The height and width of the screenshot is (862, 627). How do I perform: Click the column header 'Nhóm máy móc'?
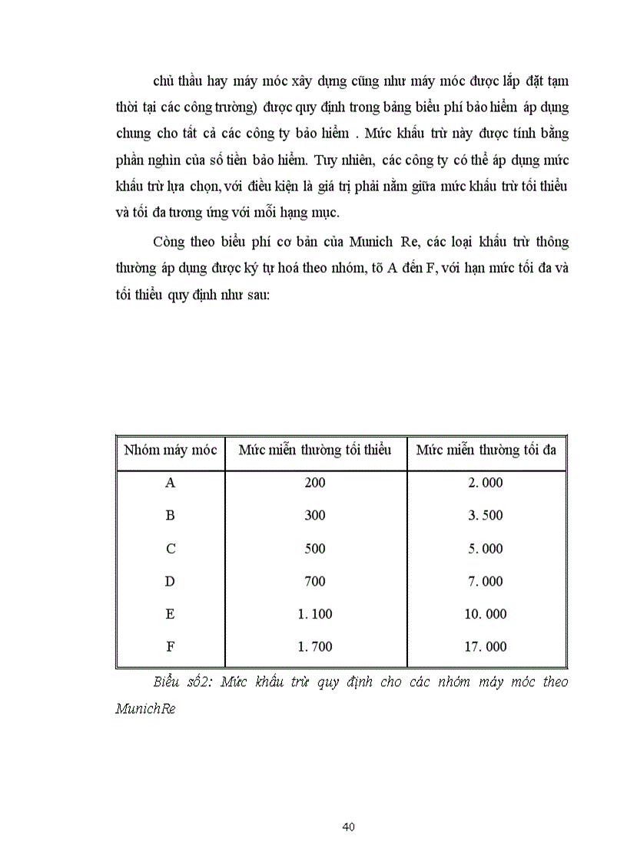click(171, 450)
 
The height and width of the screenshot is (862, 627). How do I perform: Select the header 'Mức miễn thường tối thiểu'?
click(315, 450)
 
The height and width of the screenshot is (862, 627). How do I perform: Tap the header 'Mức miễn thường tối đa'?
click(486, 450)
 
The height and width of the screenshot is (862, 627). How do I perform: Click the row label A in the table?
click(171, 483)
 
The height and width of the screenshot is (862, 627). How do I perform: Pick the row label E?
click(171, 614)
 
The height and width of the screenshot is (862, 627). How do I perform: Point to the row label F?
click(171, 647)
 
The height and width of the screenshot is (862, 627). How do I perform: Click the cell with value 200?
click(315, 483)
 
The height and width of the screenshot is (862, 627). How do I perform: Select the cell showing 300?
click(315, 516)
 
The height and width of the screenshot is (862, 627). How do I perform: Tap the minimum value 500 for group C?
click(315, 549)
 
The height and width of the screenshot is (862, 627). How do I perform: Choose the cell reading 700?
click(315, 582)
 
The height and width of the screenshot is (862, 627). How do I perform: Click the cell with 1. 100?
click(315, 614)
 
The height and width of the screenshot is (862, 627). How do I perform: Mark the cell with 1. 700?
click(315, 647)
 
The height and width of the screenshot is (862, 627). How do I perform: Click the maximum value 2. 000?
click(486, 483)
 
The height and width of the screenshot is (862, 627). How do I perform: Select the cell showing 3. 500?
click(486, 516)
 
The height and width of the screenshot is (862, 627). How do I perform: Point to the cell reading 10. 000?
click(486, 614)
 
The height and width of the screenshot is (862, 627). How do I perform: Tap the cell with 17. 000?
click(486, 647)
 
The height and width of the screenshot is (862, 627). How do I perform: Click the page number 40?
click(347, 827)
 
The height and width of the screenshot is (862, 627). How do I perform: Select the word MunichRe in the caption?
click(145, 709)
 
